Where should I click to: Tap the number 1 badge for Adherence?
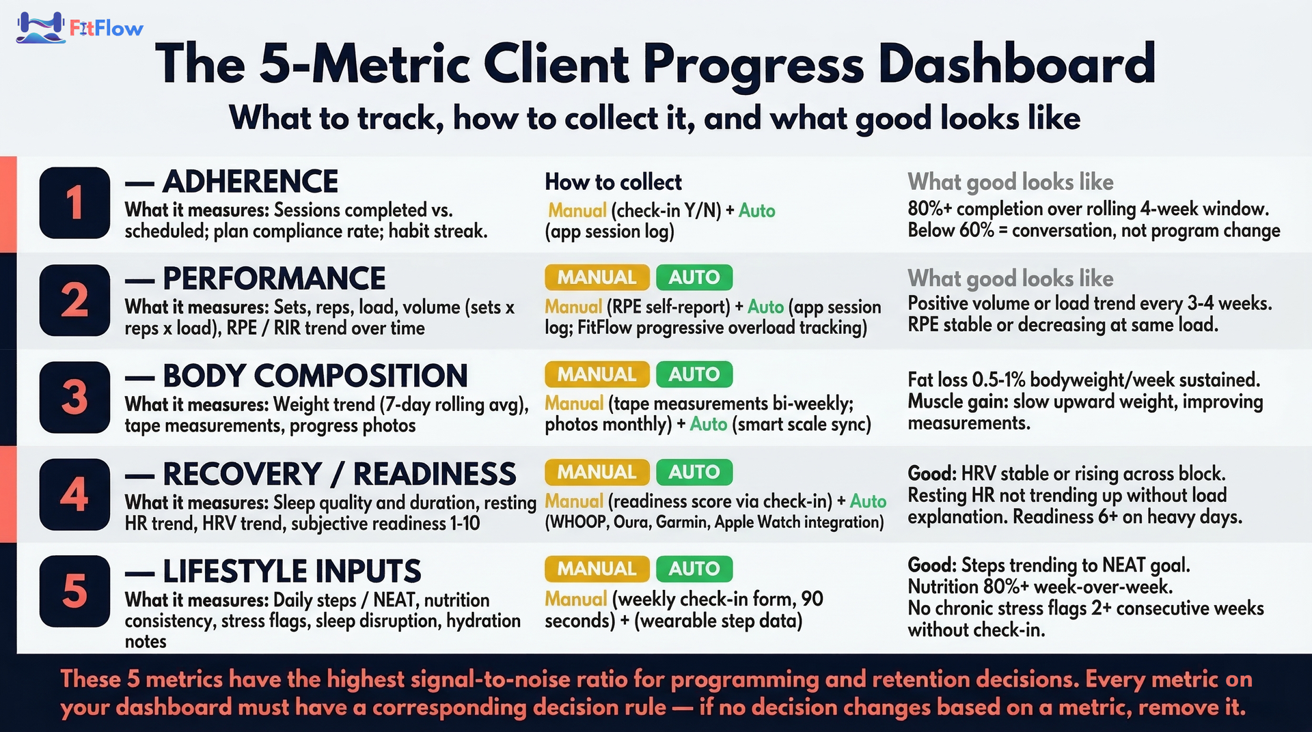74,203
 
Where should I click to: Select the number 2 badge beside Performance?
74,300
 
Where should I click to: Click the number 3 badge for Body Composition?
74,397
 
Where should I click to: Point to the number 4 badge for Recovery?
74,494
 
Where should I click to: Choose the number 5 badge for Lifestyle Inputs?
74,591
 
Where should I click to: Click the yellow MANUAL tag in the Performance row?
597,277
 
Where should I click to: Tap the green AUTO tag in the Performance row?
694,277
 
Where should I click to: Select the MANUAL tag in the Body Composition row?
597,374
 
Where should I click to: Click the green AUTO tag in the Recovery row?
694,472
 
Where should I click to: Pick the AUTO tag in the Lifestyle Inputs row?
694,569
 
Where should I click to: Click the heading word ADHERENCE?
251,182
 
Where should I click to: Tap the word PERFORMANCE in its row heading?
274,279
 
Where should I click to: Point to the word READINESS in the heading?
435,474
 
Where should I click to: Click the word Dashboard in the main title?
1017,63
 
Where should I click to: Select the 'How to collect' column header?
613,182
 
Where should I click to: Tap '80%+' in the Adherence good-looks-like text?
929,208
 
